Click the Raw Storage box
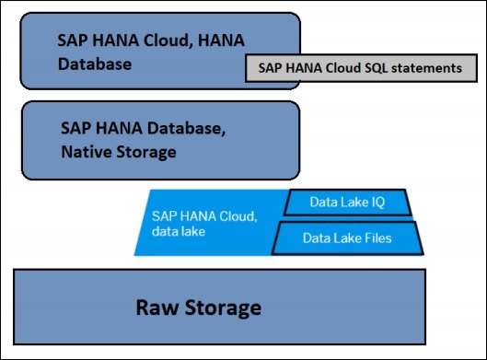220,306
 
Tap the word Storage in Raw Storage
228,307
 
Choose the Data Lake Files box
348,238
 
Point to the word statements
423,68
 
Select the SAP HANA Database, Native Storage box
160,139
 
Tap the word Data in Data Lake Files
319,238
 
